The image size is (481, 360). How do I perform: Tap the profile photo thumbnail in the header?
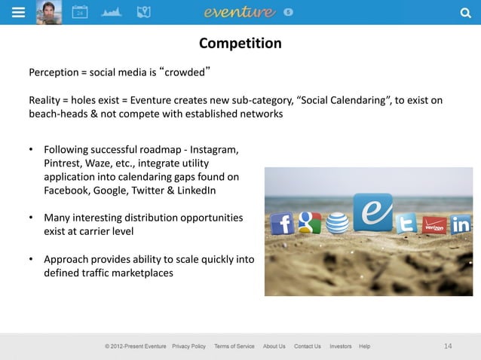(x=49, y=12)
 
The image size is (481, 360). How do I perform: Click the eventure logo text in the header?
(x=239, y=12)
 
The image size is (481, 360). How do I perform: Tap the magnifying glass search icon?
(x=464, y=12)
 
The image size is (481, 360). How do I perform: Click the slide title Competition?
(x=240, y=44)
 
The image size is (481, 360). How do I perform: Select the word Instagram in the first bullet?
(x=215, y=149)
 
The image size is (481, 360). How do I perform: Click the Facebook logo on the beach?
(x=282, y=223)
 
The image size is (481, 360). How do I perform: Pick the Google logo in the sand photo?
(x=309, y=222)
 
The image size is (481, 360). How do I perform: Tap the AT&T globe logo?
(x=338, y=223)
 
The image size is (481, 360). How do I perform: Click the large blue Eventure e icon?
(x=374, y=212)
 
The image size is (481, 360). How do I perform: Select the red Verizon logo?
(x=434, y=224)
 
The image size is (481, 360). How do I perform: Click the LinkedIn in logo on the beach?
(x=461, y=224)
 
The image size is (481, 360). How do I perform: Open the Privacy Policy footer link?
(x=188, y=346)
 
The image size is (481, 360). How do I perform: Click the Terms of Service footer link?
(x=234, y=346)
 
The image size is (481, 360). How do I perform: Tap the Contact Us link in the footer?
(x=307, y=346)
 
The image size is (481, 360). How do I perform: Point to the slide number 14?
(x=448, y=346)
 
